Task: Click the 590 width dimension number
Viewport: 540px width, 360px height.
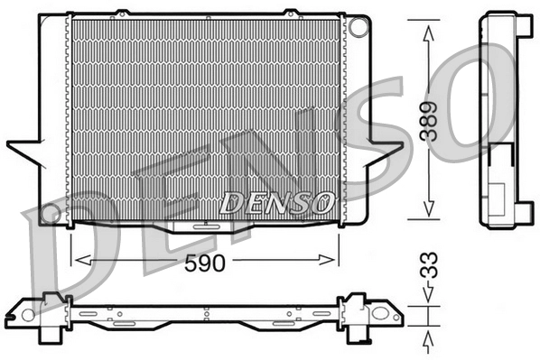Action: click(207, 263)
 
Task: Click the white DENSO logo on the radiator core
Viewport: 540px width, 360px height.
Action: click(277, 201)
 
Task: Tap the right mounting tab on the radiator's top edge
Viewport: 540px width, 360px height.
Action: click(291, 14)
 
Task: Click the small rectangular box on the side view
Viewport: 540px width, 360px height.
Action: click(498, 193)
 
